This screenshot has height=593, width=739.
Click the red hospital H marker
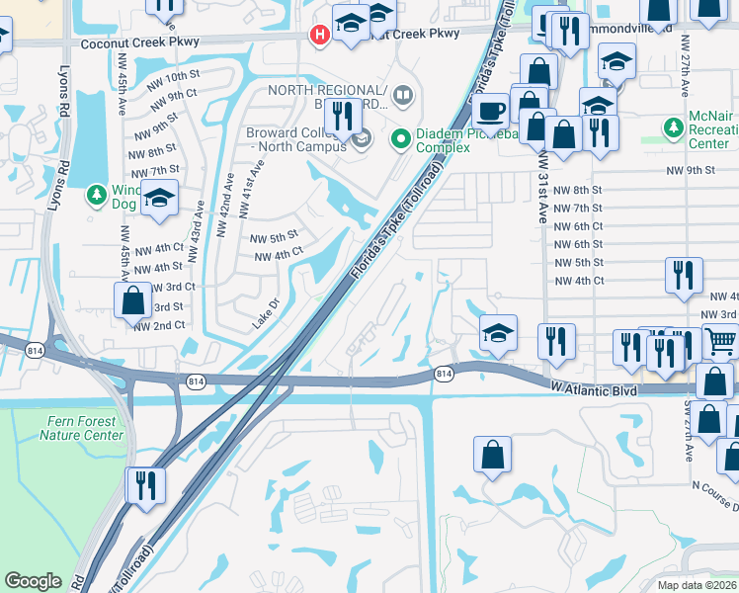click(320, 36)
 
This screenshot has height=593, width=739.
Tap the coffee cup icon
click(490, 110)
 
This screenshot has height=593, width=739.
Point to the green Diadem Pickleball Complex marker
click(401, 139)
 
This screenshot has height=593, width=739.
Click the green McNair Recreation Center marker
click(674, 127)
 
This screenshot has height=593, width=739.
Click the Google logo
click(33, 581)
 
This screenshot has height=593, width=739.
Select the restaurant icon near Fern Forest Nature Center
click(145, 484)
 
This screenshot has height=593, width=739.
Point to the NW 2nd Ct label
click(159, 325)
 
